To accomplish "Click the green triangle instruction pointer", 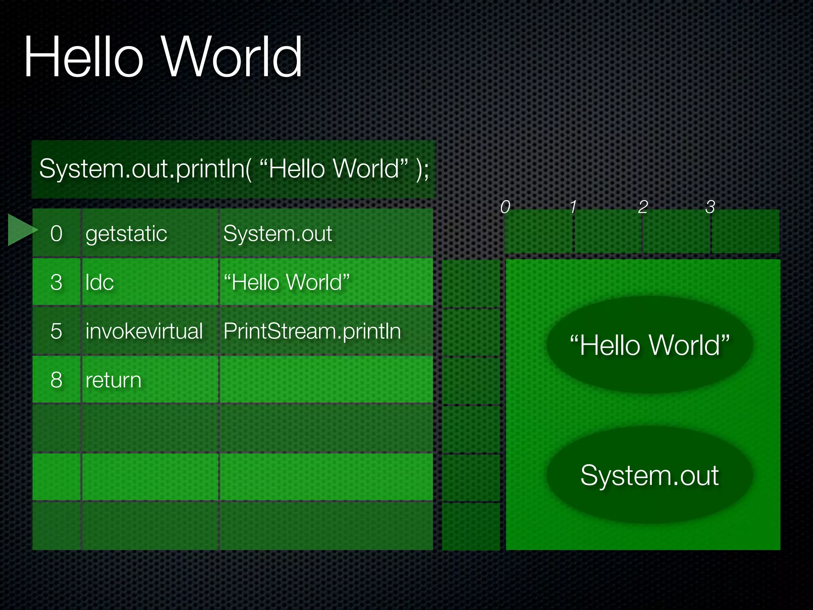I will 22,230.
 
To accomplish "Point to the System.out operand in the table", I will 277,234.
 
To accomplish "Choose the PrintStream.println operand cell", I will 312,331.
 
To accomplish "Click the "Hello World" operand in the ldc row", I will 287,282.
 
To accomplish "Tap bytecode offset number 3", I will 56,282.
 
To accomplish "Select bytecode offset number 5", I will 56,331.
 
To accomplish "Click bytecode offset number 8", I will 56,380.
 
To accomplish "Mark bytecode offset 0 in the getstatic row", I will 56,234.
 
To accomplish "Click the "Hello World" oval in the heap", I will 649,345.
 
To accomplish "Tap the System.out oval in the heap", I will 649,475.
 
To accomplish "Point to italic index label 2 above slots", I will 643,207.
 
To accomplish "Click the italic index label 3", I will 710,207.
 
